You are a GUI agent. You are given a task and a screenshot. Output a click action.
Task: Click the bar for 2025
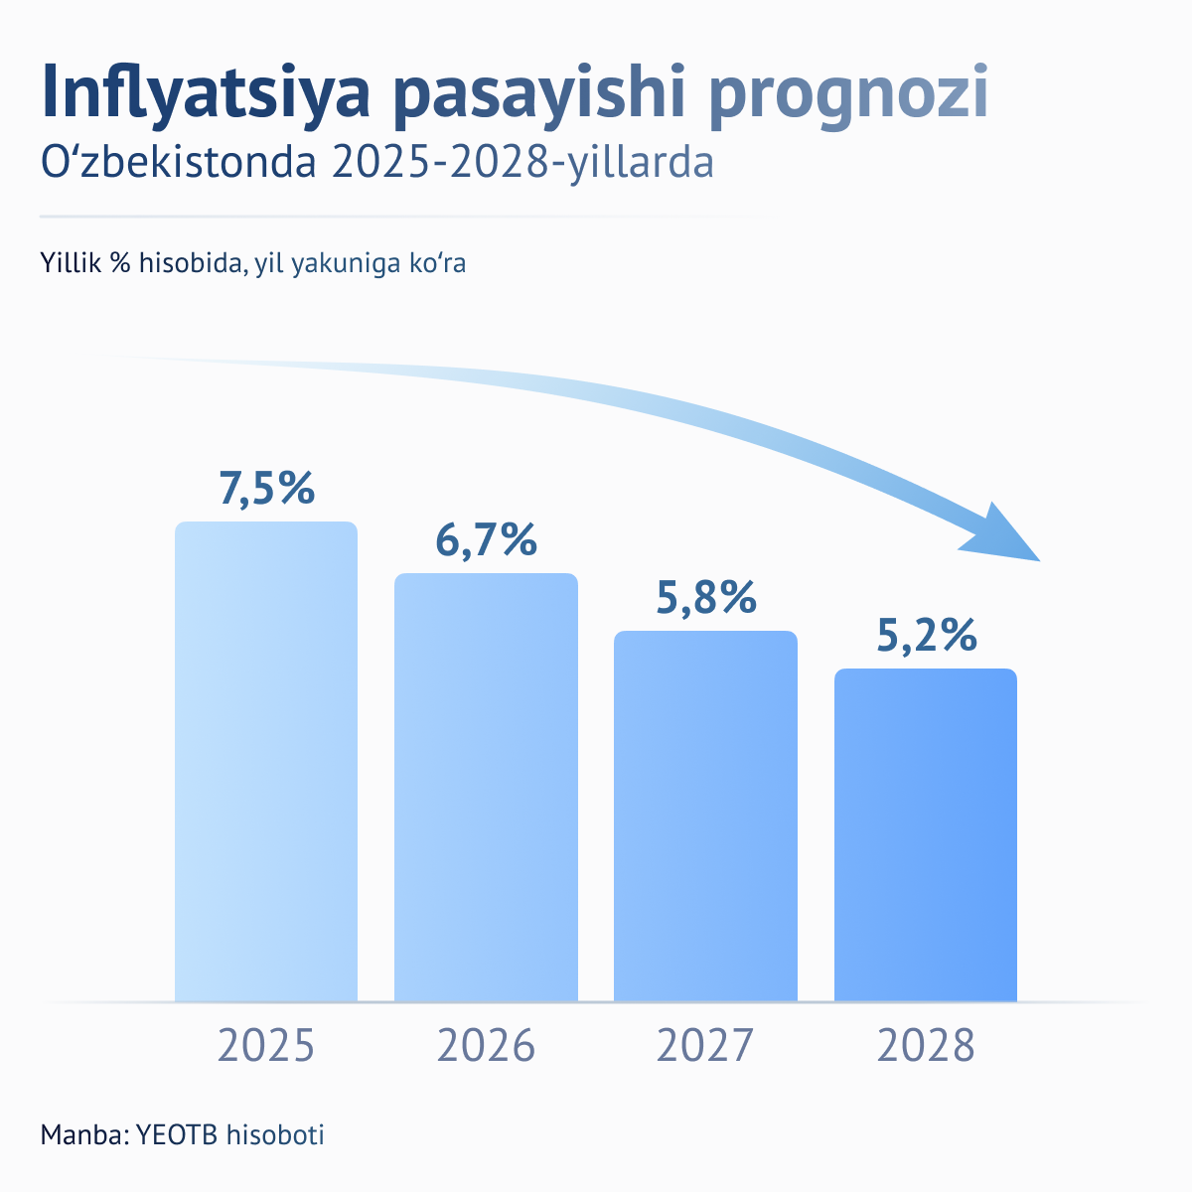266,761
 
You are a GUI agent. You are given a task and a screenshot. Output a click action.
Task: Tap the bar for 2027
705,816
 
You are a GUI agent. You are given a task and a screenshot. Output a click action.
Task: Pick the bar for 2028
926,834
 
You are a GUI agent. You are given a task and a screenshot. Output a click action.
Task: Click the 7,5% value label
266,489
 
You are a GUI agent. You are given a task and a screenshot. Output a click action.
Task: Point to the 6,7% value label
486,540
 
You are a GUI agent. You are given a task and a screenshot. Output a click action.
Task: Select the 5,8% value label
705,598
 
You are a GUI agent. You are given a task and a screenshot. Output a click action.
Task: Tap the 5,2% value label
926,636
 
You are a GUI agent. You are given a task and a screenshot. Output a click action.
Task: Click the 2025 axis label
266,1047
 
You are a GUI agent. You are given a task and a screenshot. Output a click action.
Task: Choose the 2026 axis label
486,1047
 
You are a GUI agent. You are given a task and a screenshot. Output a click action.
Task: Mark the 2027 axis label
705,1047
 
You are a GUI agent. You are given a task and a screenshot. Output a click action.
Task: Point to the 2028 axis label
926,1047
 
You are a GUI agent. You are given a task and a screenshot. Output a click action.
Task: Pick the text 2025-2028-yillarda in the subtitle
522,163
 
